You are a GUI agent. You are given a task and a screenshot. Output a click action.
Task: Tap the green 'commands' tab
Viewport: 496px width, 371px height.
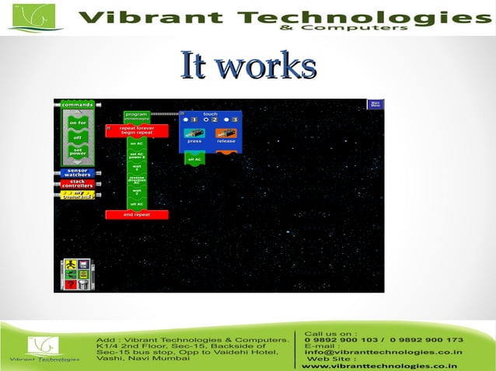point(78,105)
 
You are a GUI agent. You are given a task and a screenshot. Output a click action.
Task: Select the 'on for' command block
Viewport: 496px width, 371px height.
point(78,123)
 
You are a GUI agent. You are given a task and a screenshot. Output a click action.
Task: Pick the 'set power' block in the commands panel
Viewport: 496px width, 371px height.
point(78,152)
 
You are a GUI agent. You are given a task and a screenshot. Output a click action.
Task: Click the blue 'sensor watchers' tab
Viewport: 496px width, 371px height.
point(78,172)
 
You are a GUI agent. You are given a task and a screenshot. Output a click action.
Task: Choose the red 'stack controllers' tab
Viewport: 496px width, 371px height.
point(78,184)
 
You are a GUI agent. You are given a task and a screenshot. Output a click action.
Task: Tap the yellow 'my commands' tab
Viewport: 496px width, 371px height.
point(78,195)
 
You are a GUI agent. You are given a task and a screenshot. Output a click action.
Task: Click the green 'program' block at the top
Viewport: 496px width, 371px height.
point(137,116)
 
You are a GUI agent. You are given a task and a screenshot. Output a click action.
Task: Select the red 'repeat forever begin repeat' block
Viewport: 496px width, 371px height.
point(137,130)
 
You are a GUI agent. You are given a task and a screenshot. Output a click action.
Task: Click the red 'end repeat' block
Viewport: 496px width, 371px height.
point(137,214)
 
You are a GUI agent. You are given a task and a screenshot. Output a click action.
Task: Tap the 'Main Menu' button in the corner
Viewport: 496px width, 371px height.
point(375,104)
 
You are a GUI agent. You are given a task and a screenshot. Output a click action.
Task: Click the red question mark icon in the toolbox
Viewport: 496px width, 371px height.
point(71,284)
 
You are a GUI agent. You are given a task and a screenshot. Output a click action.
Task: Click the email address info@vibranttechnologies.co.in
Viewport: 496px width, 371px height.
point(383,352)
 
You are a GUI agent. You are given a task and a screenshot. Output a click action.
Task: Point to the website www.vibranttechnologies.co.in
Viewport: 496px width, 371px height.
point(379,366)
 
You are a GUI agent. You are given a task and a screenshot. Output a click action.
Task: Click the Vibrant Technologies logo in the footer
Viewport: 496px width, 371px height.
point(44,348)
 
